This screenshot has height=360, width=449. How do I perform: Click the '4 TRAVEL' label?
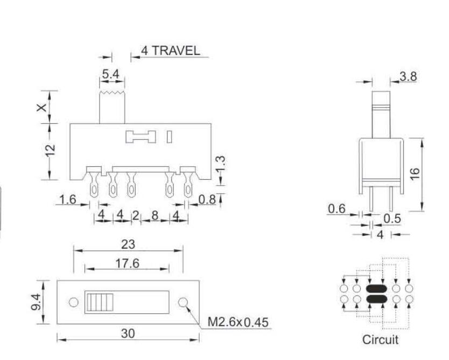pyautogui.click(x=170, y=51)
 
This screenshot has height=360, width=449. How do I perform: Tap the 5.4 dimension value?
pyautogui.click(x=110, y=74)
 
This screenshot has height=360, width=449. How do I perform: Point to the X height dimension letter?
pyautogui.click(x=42, y=108)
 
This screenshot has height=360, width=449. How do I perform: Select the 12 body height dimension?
pyautogui.click(x=50, y=150)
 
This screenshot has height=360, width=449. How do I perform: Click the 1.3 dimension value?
pyautogui.click(x=221, y=165)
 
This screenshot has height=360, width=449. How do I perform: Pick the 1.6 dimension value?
pyautogui.click(x=68, y=200)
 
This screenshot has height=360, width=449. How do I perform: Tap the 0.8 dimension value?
pyautogui.click(x=207, y=200)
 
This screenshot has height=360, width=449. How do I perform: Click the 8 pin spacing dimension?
pyautogui.click(x=155, y=215)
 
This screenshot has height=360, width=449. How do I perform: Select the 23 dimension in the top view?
pyautogui.click(x=128, y=244)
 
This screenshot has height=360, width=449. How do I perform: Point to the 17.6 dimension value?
pyautogui.click(x=128, y=263)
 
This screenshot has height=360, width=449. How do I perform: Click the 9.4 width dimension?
pyautogui.click(x=36, y=302)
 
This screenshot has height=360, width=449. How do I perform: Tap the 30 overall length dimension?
pyautogui.click(x=128, y=334)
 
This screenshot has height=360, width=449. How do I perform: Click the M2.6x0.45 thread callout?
pyautogui.click(x=238, y=322)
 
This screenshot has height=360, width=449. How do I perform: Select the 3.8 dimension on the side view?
pyautogui.click(x=408, y=77)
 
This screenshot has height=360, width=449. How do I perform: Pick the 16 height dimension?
pyautogui.click(x=415, y=174)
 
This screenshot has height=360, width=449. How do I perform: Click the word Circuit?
pyautogui.click(x=380, y=340)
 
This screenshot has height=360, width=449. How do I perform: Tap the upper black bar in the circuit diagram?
pyautogui.click(x=376, y=288)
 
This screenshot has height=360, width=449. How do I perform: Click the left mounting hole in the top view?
pyautogui.click(x=74, y=302)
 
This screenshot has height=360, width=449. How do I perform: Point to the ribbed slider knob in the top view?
pyautogui.click(x=100, y=302)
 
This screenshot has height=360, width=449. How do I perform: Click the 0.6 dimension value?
pyautogui.click(x=337, y=209)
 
